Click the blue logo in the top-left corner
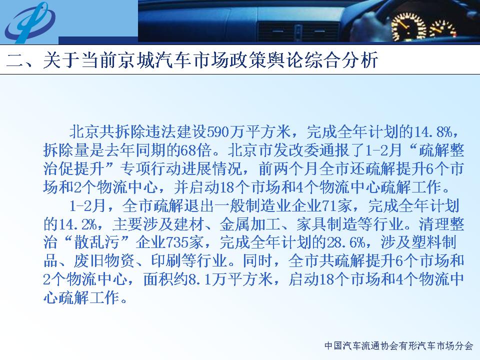(30, 22)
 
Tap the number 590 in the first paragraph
(218, 132)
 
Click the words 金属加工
(250, 224)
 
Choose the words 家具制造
(326, 224)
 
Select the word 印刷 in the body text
(166, 261)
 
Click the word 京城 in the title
(138, 59)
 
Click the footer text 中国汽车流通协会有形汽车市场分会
(398, 346)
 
